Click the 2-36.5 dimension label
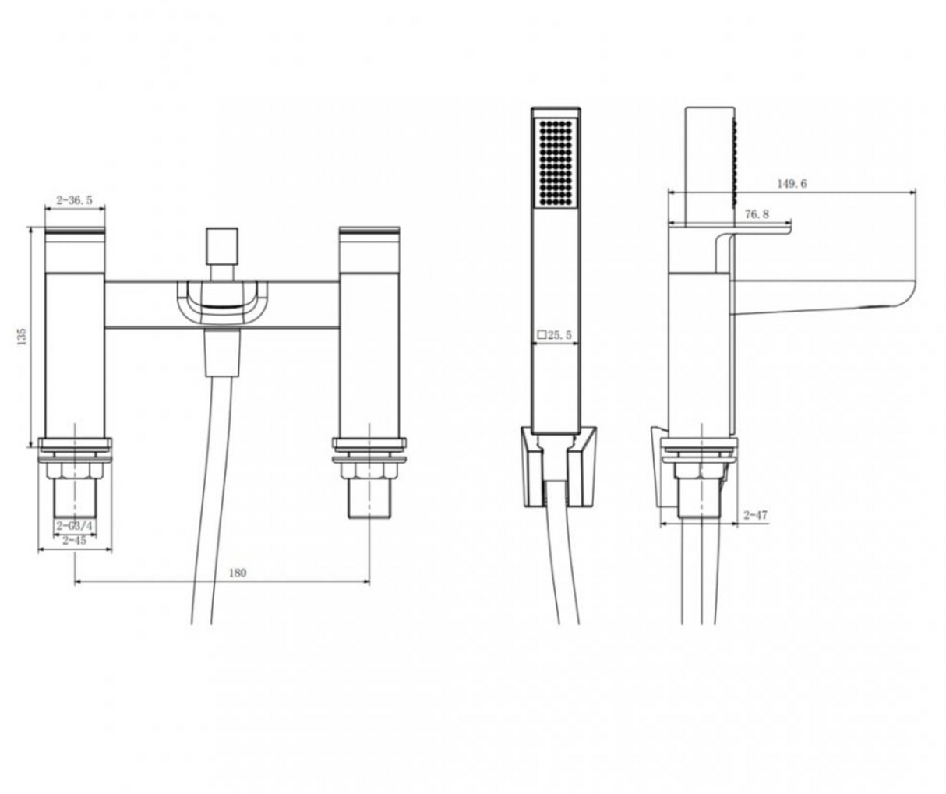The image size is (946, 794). pyautogui.click(x=74, y=199)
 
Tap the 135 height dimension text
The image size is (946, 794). pyautogui.click(x=22, y=337)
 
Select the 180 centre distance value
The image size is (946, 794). pyautogui.click(x=238, y=573)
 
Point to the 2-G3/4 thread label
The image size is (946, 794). pyautogui.click(x=75, y=526)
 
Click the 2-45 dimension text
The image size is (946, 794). pyautogui.click(x=74, y=540)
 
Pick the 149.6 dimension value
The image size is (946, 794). pyautogui.click(x=792, y=184)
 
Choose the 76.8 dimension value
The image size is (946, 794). pyautogui.click(x=757, y=214)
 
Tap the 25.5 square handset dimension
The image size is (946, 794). pyautogui.click(x=555, y=335)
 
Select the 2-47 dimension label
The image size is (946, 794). pyautogui.click(x=755, y=515)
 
